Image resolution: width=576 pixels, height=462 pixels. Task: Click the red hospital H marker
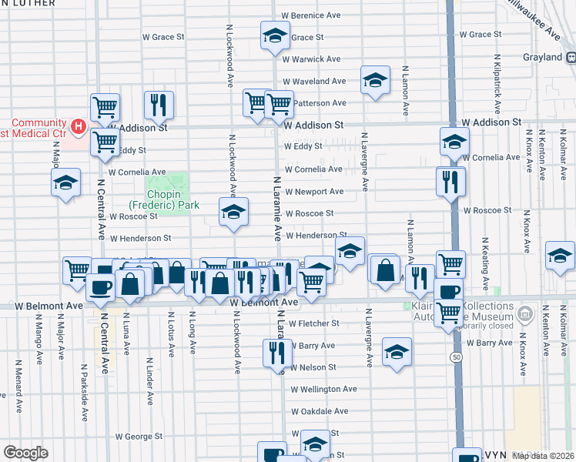point(77,125)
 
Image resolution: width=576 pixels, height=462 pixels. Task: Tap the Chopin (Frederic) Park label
point(164,199)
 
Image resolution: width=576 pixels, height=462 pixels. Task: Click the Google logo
point(26,453)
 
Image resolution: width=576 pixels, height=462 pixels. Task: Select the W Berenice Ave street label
point(310,15)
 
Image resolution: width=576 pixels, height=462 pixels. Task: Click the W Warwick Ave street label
point(311,59)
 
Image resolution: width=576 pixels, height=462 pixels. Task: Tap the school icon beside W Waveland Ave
point(374,80)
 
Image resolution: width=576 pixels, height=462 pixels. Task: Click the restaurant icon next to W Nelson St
point(276,353)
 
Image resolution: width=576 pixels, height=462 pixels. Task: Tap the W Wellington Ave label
point(323,390)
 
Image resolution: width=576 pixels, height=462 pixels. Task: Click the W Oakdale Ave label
point(320,411)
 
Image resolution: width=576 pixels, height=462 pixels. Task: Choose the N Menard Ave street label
point(17,377)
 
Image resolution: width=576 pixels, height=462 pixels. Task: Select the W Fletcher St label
point(312,323)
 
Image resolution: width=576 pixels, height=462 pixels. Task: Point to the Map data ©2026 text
point(544,454)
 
